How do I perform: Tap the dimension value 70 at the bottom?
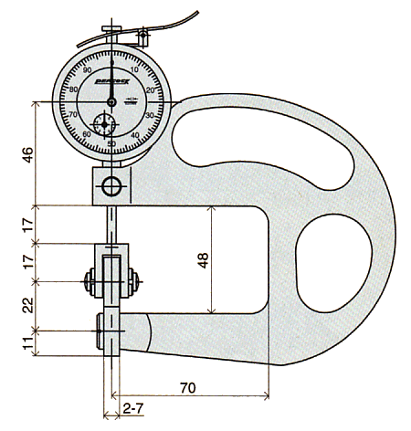[x=188, y=388]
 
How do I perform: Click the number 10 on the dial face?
[x=133, y=69]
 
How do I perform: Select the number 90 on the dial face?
[x=88, y=70]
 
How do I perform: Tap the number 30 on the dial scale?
[x=149, y=116]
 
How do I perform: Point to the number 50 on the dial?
[x=111, y=143]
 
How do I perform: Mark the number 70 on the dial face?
[x=73, y=114]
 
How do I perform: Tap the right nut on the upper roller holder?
[x=133, y=281]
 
